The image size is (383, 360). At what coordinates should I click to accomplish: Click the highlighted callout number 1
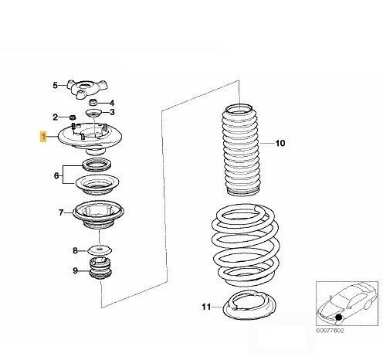pos(43,137)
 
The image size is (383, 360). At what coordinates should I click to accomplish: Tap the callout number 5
pos(56,85)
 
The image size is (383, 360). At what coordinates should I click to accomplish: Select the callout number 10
pos(280,143)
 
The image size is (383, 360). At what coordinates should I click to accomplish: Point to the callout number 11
pos(206,307)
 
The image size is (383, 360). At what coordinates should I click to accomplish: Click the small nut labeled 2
pos(73,117)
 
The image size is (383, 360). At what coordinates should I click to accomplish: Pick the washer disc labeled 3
pos(93,113)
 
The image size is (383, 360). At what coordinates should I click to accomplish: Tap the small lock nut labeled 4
pos(93,102)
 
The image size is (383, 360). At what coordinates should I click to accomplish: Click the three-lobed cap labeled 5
pos(86,89)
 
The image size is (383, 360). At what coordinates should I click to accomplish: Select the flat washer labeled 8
pos(100,250)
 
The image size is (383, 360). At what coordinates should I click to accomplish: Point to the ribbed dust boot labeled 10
pos(241,149)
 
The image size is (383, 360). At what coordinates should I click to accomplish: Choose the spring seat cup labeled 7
pos(99,214)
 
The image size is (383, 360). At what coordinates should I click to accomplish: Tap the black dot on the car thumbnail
pos(338,318)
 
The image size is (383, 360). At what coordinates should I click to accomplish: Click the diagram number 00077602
pos(330,331)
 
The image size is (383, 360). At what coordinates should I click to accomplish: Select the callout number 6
pos(56,176)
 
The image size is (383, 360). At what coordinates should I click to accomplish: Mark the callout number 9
pos(75,270)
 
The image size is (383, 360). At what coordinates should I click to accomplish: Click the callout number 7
pos(61,212)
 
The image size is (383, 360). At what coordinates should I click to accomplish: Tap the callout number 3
pos(112,112)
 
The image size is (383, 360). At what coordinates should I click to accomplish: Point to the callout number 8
pos(75,250)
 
